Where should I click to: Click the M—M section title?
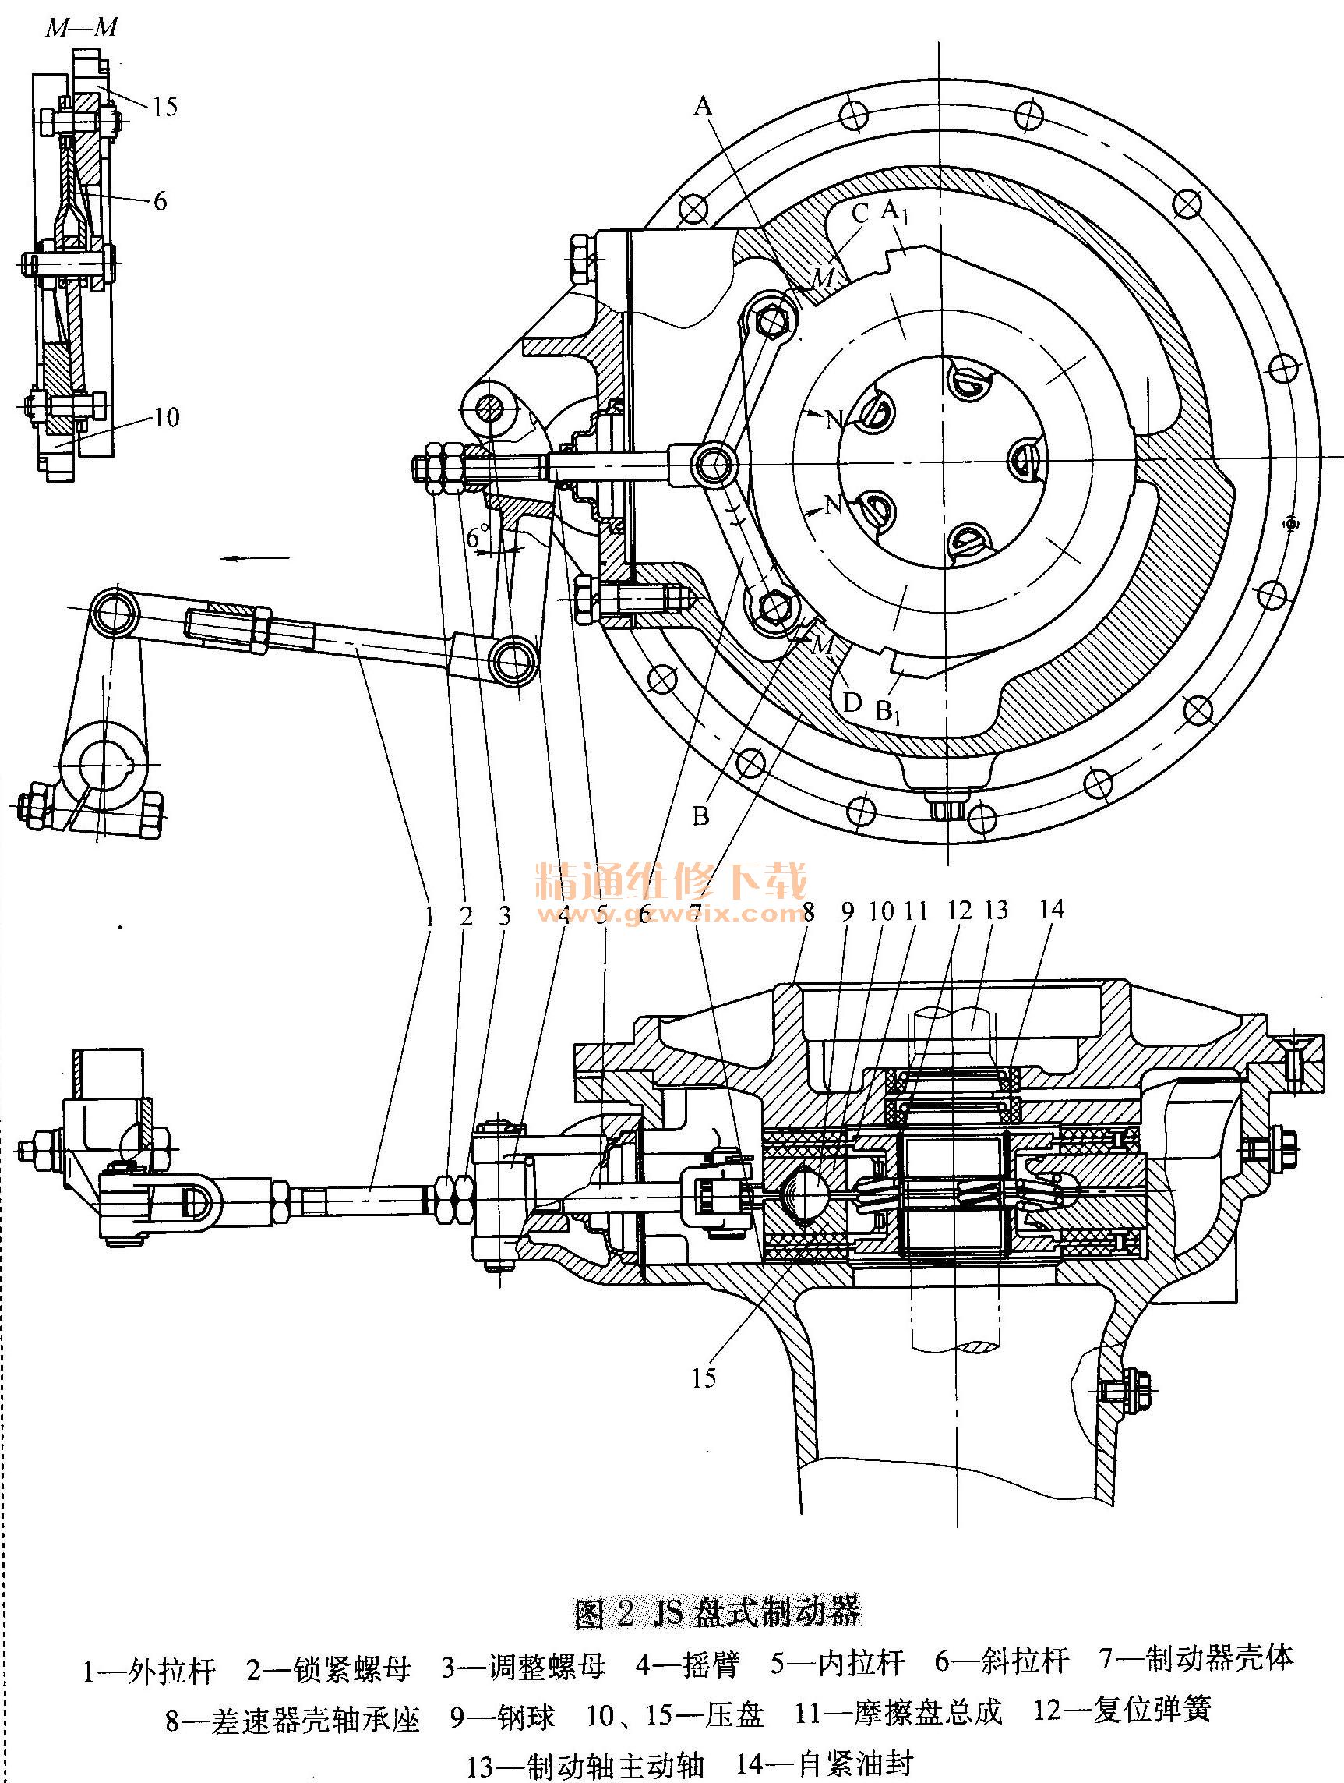coord(82,28)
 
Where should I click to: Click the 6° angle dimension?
coord(478,536)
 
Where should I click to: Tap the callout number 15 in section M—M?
coord(164,106)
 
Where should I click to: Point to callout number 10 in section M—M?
coord(165,417)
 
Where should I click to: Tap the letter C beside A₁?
coord(859,214)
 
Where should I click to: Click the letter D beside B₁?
coord(852,704)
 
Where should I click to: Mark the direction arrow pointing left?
coord(257,557)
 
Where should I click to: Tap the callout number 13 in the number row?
coord(996,910)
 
